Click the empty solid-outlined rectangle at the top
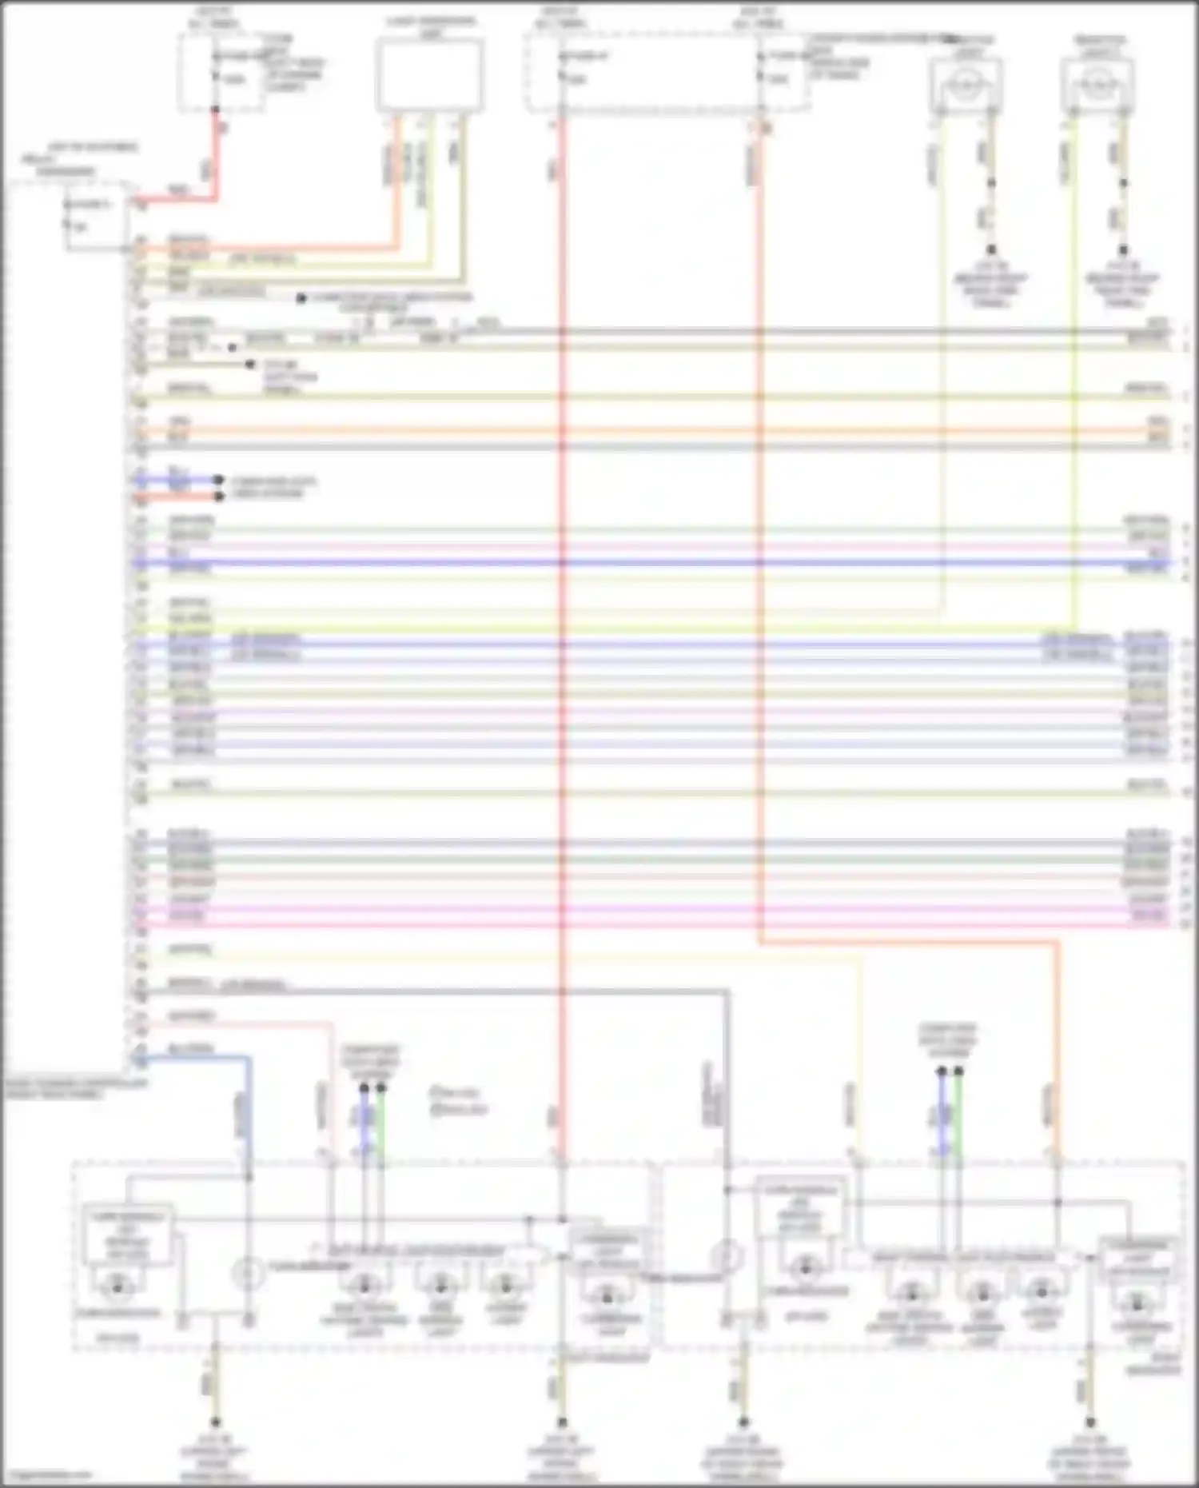[x=429, y=75]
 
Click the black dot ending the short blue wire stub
[x=219, y=481]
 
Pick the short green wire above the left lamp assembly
[x=381, y=1119]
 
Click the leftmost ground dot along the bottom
[x=214, y=1422]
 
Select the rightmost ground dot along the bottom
[x=1089, y=1422]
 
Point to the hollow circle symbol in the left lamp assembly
[x=248, y=1273]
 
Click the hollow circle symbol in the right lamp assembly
[x=726, y=1256]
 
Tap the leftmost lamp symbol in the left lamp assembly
[x=118, y=1286]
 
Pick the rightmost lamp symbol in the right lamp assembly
[x=1137, y=1305]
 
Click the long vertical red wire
[x=562, y=640]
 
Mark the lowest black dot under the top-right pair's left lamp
[x=991, y=250]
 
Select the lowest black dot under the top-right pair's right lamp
[x=1123, y=250]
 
